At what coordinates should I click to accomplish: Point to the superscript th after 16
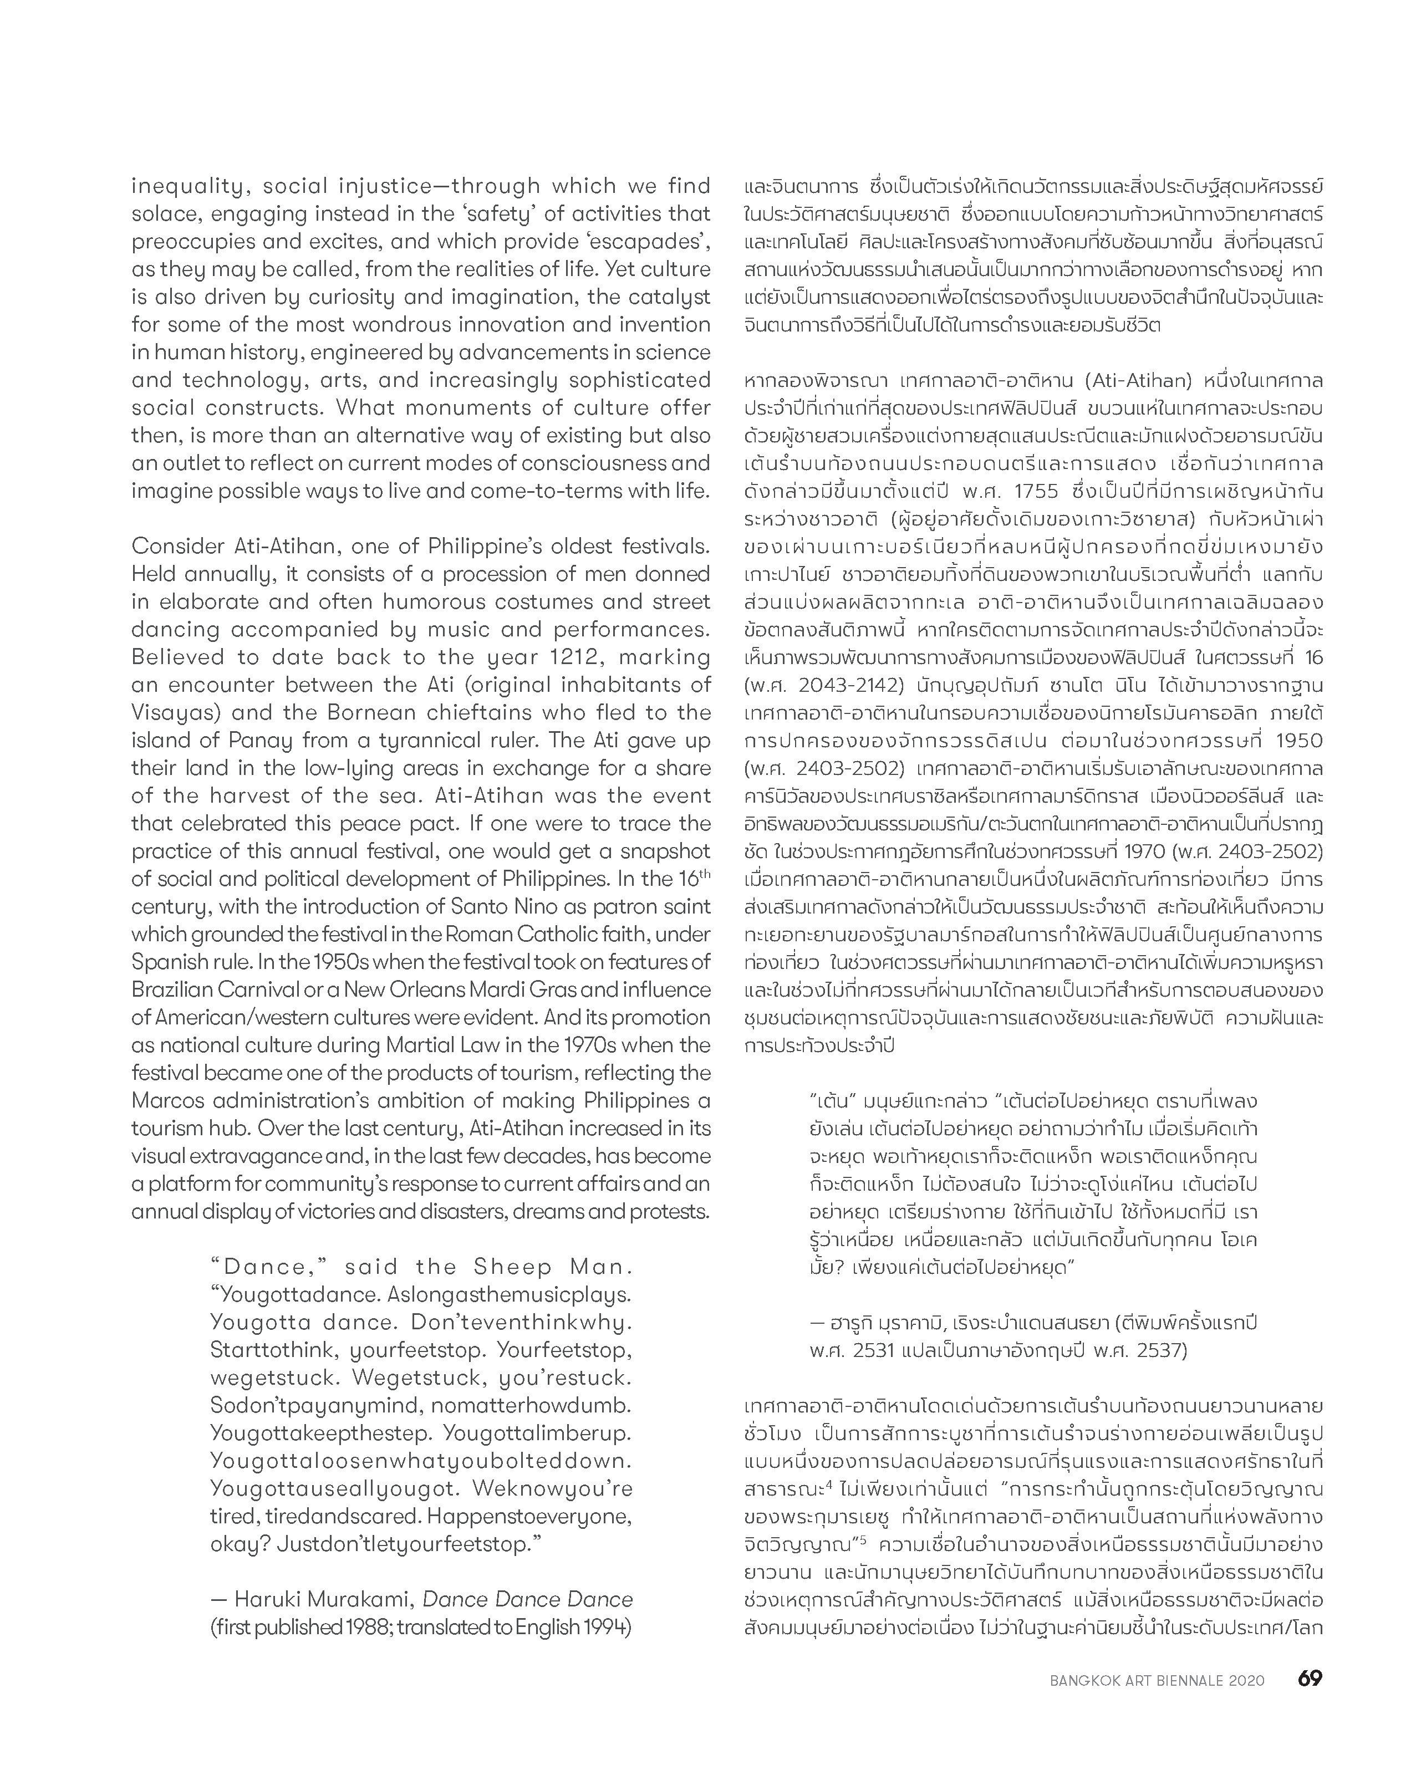(704, 874)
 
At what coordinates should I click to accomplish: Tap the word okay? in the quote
(238, 1545)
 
